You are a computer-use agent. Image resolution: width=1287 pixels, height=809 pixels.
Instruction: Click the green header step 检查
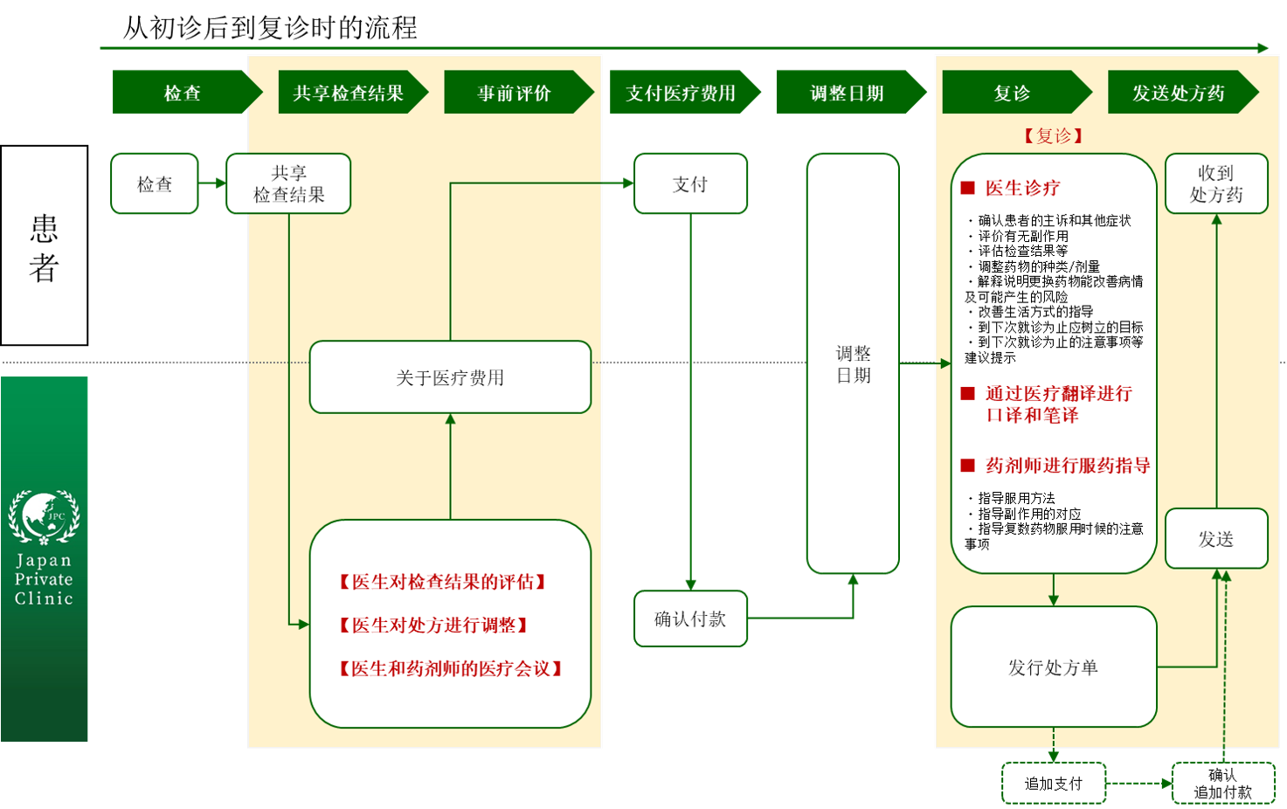coord(183,93)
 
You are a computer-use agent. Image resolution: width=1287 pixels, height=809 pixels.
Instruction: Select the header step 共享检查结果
coord(349,93)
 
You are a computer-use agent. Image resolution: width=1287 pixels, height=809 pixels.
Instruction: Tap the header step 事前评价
coord(514,93)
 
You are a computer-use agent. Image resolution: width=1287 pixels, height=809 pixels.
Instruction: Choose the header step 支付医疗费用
coord(681,93)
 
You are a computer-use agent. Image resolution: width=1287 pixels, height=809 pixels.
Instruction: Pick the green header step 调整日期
coord(847,93)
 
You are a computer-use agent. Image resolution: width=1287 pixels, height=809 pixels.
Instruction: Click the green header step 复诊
coord(1012,93)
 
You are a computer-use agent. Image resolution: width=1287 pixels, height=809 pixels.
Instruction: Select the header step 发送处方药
coord(1178,93)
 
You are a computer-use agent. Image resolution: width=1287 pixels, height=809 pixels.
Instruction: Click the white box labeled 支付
coord(690,183)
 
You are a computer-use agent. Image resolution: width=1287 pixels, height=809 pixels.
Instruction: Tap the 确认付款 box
coord(690,619)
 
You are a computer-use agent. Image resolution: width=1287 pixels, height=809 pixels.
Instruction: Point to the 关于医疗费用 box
coord(450,377)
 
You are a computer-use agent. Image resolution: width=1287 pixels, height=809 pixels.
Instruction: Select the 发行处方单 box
coord(1053,667)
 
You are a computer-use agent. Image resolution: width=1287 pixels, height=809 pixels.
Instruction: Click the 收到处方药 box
coord(1215,183)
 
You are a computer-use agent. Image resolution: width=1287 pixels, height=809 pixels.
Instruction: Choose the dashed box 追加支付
coord(1053,783)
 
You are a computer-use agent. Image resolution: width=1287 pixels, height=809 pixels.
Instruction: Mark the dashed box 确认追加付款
coord(1222,783)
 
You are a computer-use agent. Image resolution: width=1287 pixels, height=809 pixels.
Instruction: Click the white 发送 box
coord(1215,538)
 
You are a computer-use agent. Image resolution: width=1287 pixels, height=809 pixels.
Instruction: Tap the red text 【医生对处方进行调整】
coord(433,625)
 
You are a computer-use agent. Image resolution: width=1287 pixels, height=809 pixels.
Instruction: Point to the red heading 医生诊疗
coord(1022,188)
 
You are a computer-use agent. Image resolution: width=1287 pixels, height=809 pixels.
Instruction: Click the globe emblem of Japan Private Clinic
coord(43,515)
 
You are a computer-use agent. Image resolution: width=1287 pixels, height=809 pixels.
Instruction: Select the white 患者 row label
coord(44,246)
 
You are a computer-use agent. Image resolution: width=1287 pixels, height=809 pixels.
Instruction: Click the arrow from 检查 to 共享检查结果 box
coord(212,183)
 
